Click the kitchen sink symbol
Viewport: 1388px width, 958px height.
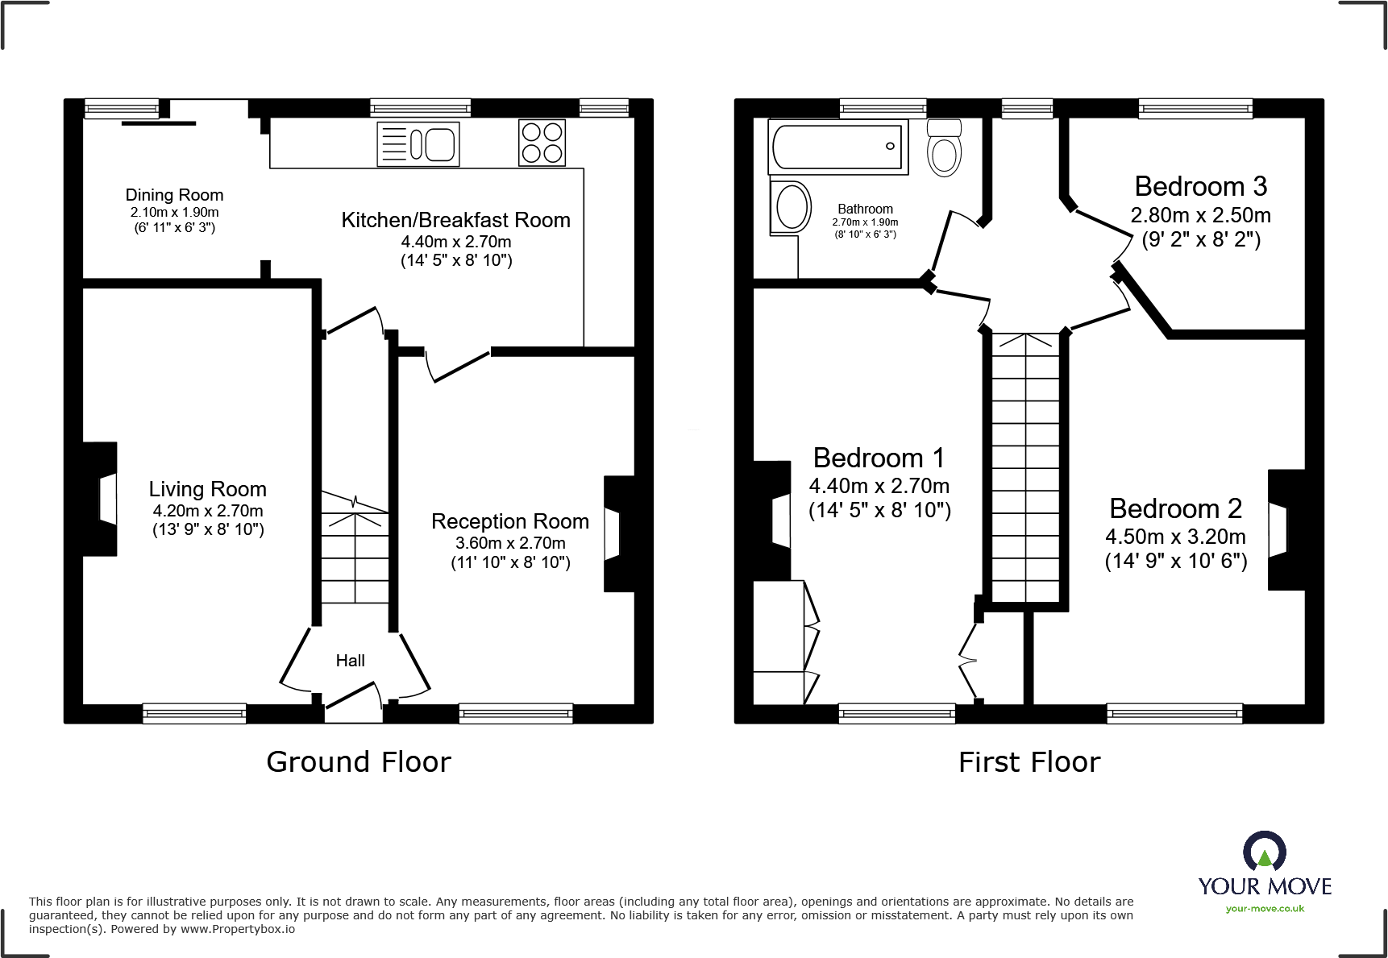(x=418, y=144)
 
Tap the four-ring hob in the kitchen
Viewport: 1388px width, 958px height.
(x=542, y=143)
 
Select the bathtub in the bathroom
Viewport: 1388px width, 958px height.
(x=838, y=147)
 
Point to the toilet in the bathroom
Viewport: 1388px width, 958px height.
(x=944, y=148)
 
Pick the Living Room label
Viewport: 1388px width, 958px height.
(x=208, y=489)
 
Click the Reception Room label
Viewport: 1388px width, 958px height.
(x=510, y=521)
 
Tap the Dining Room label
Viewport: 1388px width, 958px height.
(x=174, y=195)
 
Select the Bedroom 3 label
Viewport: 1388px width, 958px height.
(x=1201, y=186)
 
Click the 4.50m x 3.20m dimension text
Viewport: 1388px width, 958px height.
(x=1175, y=537)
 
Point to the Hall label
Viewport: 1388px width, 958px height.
(x=351, y=661)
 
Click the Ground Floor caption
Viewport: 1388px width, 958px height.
(x=359, y=761)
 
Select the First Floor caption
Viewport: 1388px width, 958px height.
(x=1029, y=761)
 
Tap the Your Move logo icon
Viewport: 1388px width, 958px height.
(x=1265, y=851)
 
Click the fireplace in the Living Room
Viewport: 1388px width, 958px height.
(x=101, y=499)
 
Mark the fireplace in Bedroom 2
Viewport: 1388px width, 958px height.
(x=1286, y=530)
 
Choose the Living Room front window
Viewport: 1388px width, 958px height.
(x=194, y=712)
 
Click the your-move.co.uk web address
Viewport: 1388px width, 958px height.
(x=1265, y=909)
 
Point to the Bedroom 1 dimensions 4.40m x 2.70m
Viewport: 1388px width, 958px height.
(x=879, y=486)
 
